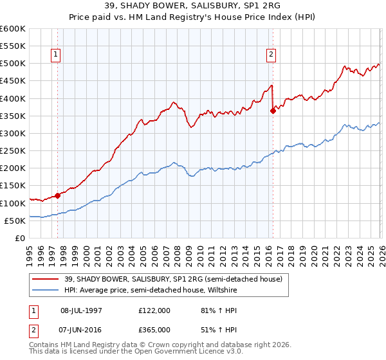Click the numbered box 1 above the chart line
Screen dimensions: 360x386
pyautogui.click(x=57, y=55)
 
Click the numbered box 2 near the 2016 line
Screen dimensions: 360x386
pyautogui.click(x=271, y=55)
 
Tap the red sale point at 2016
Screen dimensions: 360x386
pyautogui.click(x=273, y=111)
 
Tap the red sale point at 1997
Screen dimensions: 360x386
pyautogui.click(x=57, y=195)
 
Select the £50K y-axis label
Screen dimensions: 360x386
pyautogui.click(x=15, y=221)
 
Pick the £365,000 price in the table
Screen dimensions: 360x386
pyautogui.click(x=154, y=329)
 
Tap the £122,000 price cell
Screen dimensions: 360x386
pyautogui.click(x=154, y=310)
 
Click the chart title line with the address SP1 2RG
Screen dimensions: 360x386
pyautogui.click(x=192, y=5)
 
